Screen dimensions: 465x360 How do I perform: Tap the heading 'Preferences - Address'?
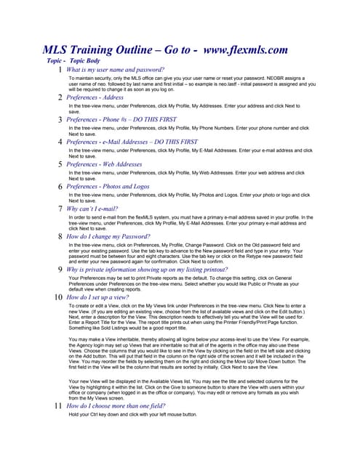95,97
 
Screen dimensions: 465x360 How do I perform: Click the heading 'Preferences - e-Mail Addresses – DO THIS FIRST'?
142,142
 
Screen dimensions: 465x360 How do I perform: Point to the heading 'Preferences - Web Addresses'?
104,164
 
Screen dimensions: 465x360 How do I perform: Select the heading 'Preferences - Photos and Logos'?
109,187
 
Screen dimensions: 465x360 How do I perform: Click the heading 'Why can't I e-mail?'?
98,209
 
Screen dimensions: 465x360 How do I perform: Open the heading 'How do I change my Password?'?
109,237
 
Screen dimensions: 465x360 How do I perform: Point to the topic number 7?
60,209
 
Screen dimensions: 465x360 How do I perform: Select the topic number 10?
57,298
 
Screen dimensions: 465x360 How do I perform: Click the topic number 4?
60,142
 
